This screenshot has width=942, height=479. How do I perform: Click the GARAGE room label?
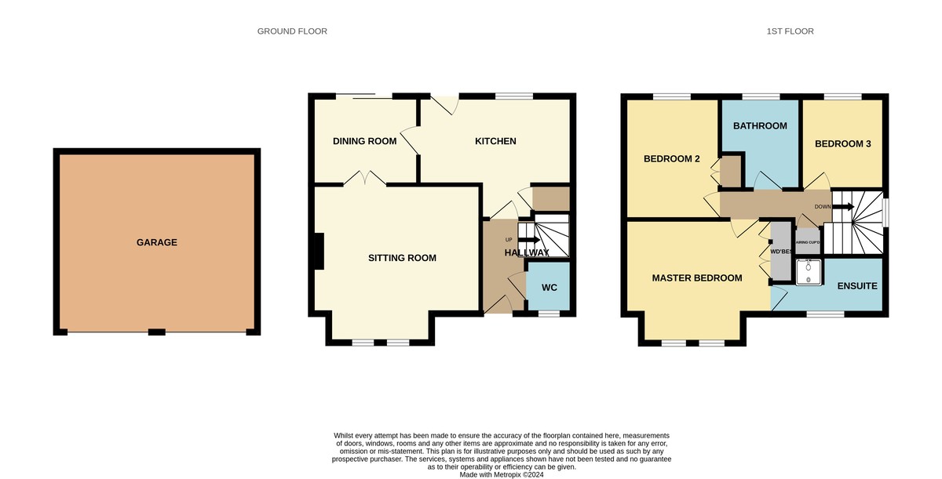(x=157, y=243)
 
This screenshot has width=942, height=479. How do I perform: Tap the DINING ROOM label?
(x=364, y=141)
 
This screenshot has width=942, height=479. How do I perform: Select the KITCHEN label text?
(x=495, y=141)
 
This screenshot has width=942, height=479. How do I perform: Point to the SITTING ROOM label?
(x=402, y=258)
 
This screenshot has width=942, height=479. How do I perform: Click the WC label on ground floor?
(x=549, y=288)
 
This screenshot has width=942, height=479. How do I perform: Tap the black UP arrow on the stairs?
(x=528, y=240)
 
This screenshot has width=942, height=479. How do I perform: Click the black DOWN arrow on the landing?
(x=843, y=206)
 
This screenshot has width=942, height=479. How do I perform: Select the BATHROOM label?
(x=760, y=126)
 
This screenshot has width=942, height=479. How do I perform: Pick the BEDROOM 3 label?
(x=843, y=144)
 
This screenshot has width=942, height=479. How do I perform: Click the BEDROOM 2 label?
(x=672, y=159)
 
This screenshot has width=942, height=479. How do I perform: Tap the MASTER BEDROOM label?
(x=697, y=278)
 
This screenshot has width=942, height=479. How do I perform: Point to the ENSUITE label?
(x=857, y=286)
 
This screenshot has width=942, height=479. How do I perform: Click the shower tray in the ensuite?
(x=809, y=273)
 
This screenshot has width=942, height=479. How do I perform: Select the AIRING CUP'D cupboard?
(x=808, y=241)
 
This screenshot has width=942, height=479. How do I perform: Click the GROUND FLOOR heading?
(x=292, y=31)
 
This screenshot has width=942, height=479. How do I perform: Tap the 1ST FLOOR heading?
(x=790, y=31)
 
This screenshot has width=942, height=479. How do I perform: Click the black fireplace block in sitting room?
(x=319, y=252)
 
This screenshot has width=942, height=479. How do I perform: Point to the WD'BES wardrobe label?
(x=781, y=252)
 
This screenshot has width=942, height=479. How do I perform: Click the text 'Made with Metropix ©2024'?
(x=502, y=475)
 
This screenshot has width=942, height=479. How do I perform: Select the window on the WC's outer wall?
(x=549, y=314)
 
